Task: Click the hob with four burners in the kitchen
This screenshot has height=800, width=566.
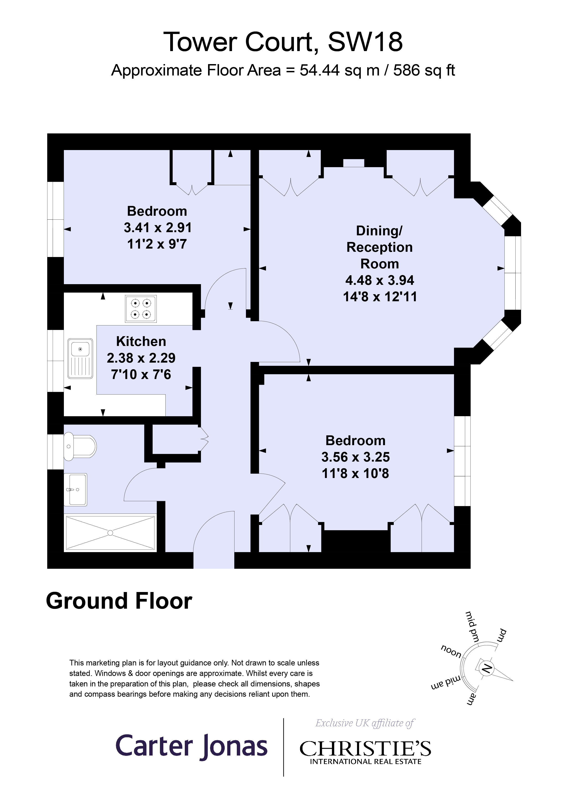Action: click(141, 309)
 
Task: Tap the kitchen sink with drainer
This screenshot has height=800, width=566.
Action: click(80, 358)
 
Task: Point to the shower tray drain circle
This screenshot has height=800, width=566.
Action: click(110, 533)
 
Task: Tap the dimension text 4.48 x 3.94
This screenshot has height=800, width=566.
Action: click(380, 280)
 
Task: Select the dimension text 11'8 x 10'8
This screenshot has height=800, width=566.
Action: click(355, 473)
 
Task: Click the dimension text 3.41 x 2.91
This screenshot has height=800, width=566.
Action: click(158, 228)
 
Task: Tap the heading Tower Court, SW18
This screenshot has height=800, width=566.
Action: click(283, 42)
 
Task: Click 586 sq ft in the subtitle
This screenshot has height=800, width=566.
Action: click(424, 70)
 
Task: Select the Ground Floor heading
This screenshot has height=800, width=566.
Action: click(119, 601)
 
